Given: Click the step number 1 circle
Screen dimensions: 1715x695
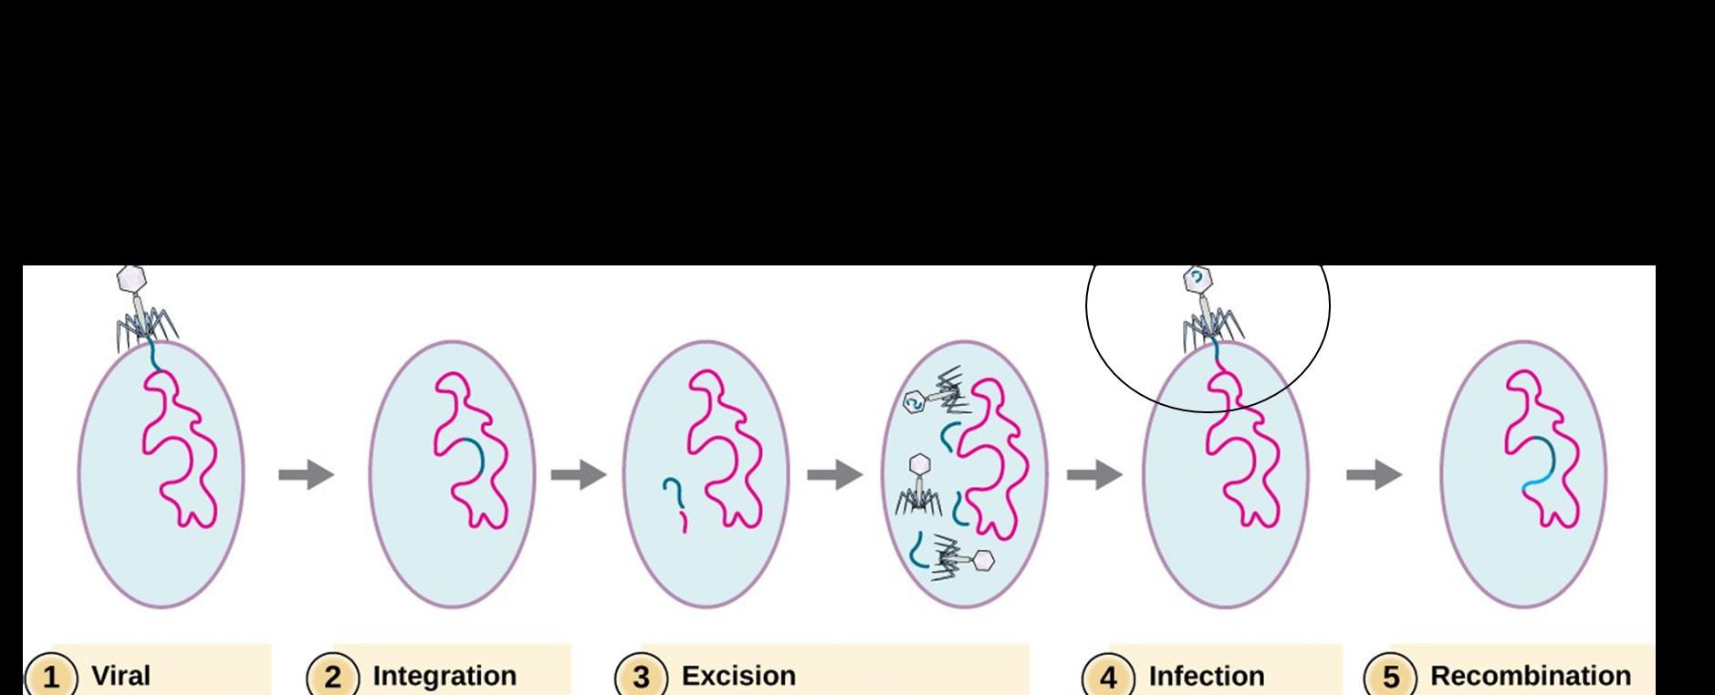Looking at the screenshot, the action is [x=52, y=678].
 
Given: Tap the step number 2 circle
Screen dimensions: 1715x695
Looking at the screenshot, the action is [x=333, y=678].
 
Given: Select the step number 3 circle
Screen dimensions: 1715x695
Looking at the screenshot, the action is [x=642, y=678].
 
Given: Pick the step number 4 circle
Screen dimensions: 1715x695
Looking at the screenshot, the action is [x=1108, y=678].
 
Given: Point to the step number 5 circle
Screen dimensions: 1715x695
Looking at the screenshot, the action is [x=1390, y=678].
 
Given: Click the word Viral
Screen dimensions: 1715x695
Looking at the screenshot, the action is [x=120, y=676].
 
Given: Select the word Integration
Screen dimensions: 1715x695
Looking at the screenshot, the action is [x=444, y=676].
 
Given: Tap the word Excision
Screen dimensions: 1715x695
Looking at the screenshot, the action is [x=738, y=676].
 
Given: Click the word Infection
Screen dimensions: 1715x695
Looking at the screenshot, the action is [x=1206, y=676].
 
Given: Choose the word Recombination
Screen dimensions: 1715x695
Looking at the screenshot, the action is [x=1530, y=676].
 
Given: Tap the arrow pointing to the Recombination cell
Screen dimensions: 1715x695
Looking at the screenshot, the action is [x=1374, y=474].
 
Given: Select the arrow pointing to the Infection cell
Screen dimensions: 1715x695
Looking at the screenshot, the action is [x=1094, y=474].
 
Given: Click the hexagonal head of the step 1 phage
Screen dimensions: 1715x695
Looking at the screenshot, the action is [x=133, y=278].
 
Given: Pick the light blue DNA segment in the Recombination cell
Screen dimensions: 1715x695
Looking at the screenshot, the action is [x=1538, y=480].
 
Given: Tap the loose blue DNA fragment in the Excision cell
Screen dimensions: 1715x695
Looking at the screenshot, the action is [x=675, y=497].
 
